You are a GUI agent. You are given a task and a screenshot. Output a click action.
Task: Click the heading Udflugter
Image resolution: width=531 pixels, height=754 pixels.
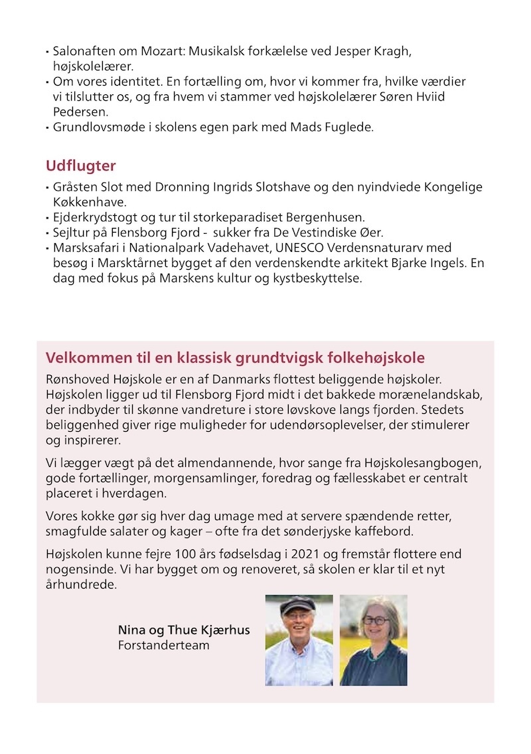pyautogui.click(x=80, y=165)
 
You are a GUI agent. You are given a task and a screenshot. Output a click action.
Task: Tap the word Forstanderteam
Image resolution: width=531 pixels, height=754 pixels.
pyautogui.click(x=163, y=644)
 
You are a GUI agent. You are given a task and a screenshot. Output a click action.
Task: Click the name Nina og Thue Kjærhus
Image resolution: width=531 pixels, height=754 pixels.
pyautogui.click(x=184, y=629)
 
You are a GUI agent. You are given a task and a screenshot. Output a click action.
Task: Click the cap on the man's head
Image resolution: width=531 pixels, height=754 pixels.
pyautogui.click(x=297, y=605)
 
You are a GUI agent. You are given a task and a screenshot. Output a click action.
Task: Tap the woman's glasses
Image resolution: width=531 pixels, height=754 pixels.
pyautogui.click(x=375, y=620)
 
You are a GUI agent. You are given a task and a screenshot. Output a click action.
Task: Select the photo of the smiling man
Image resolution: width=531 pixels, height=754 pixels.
pyautogui.click(x=299, y=640)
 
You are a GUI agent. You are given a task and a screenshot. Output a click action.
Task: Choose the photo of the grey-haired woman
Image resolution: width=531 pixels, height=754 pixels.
pyautogui.click(x=374, y=640)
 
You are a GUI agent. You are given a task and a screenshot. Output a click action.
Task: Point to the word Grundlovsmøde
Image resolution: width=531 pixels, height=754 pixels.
pyautogui.click(x=94, y=127)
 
